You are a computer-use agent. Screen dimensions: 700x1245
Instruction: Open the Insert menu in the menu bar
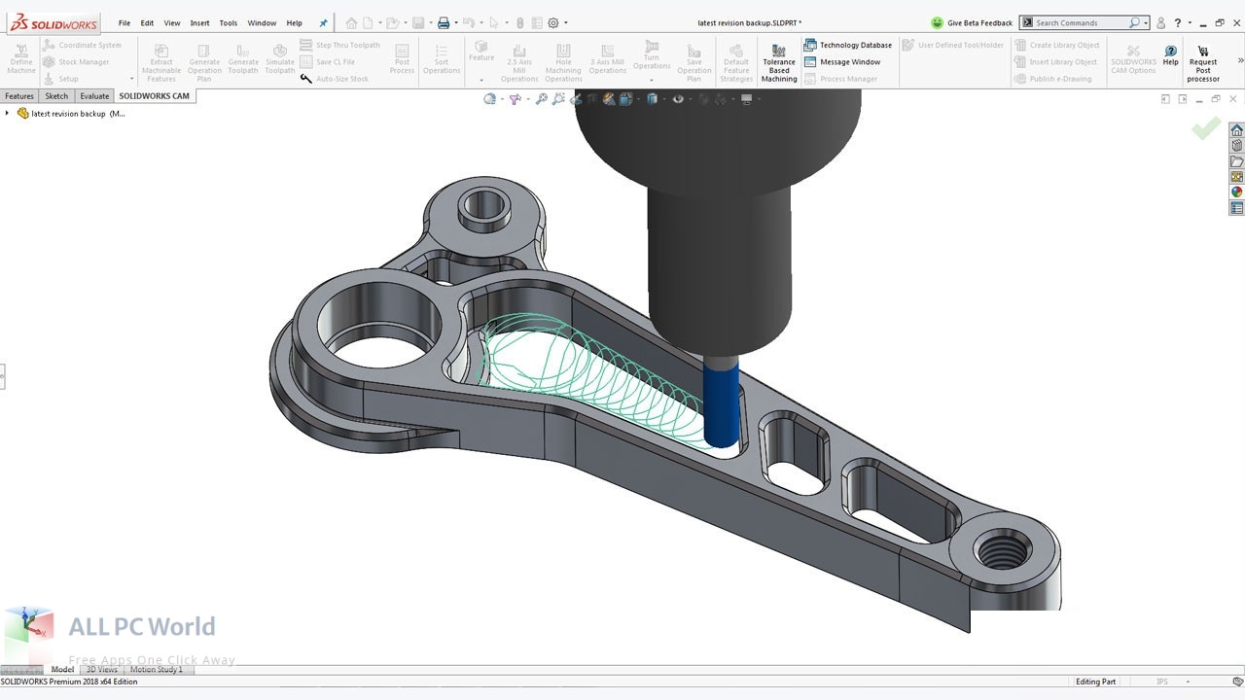click(199, 22)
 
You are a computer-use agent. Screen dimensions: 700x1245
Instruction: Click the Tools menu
click(228, 22)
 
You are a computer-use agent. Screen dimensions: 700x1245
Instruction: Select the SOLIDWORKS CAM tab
click(154, 96)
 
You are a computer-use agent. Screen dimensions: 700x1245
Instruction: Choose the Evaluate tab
click(94, 96)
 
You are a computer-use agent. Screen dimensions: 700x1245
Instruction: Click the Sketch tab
click(56, 96)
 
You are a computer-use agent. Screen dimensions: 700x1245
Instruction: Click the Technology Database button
click(848, 45)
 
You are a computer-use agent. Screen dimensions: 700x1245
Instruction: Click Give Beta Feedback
click(972, 22)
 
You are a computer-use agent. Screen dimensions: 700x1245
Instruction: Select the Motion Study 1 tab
click(156, 670)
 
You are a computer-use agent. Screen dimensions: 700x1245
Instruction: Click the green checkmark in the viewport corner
click(1206, 127)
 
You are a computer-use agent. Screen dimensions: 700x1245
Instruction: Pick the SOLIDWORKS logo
click(54, 22)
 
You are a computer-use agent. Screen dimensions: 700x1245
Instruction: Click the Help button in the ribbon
click(1170, 55)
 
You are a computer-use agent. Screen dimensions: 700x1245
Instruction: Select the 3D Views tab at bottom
click(101, 670)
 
